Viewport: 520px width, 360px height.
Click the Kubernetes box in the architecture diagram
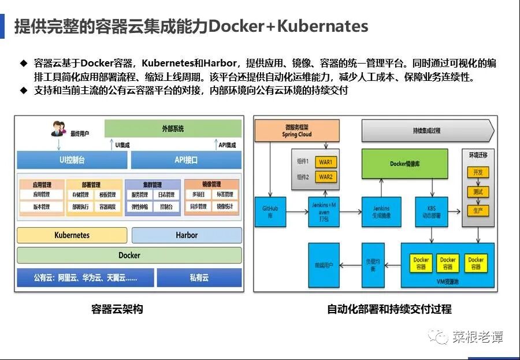[x=72, y=235]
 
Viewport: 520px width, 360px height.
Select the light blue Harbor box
[x=187, y=235]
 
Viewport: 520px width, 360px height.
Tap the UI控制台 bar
[x=72, y=160]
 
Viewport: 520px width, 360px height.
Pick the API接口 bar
[x=186, y=160]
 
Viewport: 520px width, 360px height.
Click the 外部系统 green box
[x=173, y=128]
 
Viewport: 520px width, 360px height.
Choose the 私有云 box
[x=199, y=277]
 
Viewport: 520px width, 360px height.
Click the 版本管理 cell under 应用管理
[x=42, y=206]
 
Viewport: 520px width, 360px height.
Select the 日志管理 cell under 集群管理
[x=166, y=195]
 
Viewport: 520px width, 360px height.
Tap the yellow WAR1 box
[x=325, y=162]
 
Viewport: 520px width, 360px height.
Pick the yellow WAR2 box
[x=325, y=177]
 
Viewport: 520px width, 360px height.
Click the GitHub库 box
[x=270, y=212]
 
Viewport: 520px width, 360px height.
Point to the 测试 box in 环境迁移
[x=477, y=191]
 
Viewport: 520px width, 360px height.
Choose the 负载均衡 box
[x=372, y=265]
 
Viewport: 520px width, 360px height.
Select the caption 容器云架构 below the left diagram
[x=117, y=309]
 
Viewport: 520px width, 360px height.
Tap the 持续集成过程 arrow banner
[x=428, y=131]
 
